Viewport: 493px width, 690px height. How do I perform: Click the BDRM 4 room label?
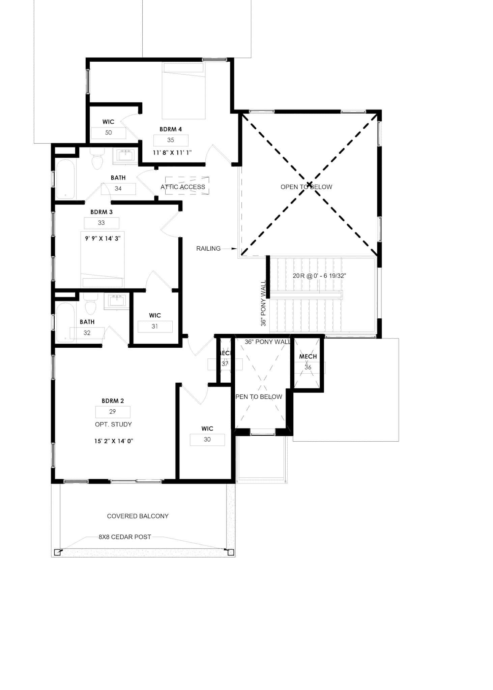coord(170,129)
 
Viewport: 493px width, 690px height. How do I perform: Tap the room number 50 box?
coord(109,133)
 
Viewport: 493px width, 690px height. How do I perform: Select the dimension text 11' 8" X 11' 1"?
coord(172,153)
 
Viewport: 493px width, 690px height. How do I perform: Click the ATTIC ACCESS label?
coord(183,187)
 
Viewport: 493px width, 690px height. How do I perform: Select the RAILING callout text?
coord(208,249)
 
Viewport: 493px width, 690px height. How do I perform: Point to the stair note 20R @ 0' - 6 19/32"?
coord(319,276)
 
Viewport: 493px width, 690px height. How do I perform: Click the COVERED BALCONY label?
coord(138,516)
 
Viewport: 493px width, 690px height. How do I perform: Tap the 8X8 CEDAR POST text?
coord(125,537)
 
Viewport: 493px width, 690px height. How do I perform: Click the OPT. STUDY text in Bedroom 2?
coord(113,425)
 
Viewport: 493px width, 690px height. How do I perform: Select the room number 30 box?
coord(207,440)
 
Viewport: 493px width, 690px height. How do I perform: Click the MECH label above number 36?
coord(308,356)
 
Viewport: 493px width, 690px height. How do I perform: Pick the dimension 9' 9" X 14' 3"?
coord(103,239)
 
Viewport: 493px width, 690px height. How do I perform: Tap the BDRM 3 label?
coord(101,212)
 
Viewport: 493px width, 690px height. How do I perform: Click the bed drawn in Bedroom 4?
coord(183,91)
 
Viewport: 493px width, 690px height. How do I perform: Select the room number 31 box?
coord(155,326)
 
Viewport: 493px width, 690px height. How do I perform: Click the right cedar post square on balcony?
coord(231,552)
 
